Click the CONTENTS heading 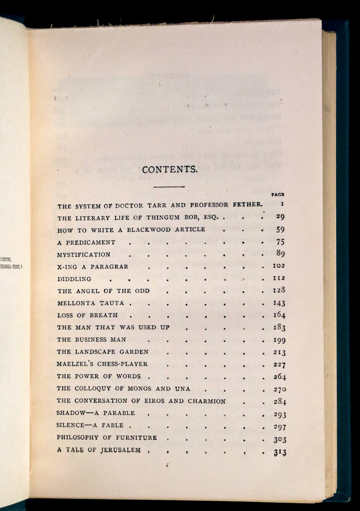pyautogui.click(x=169, y=170)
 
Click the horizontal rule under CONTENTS pyautogui.click(x=169, y=186)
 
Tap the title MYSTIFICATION pyautogui.click(x=84, y=254)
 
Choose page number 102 pyautogui.click(x=279, y=266)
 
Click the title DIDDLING pyautogui.click(x=74, y=279)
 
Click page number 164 pyautogui.click(x=279, y=315)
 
